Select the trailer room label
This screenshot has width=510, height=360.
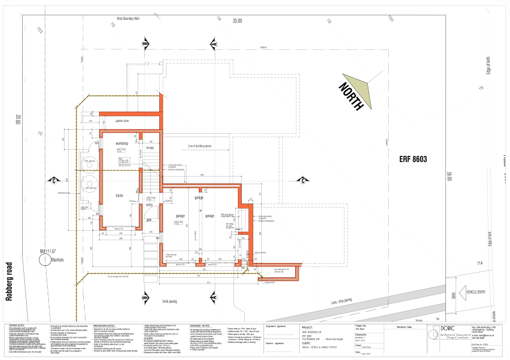120,196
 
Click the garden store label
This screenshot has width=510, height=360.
124,121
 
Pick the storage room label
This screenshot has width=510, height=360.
150,148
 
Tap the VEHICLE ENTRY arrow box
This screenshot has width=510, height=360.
475,293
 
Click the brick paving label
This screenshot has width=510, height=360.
170,301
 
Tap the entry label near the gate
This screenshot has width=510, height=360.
150,205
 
